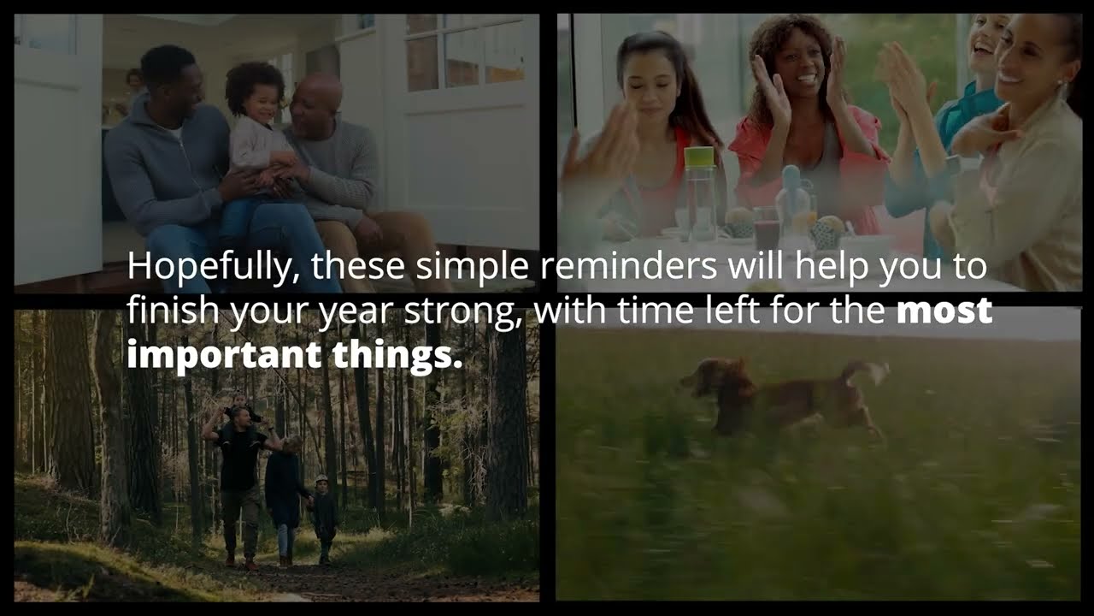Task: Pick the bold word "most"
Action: coord(944,311)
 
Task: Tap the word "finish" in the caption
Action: coord(162,311)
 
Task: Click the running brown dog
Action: coord(778,399)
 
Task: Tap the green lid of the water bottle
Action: coord(699,157)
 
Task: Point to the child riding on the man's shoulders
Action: coord(238,406)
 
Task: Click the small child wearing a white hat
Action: coord(323,512)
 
